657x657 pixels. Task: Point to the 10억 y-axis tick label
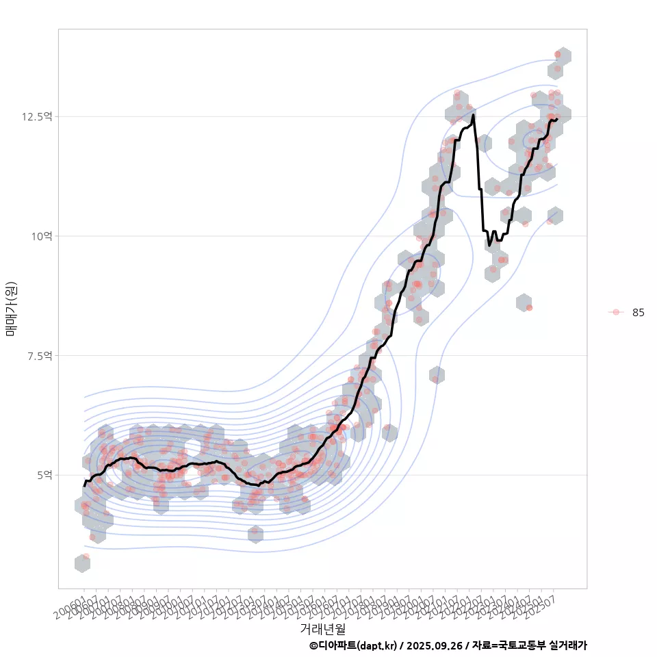tap(40, 236)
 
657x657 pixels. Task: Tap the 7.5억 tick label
tap(39, 356)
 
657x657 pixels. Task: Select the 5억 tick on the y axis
tap(43, 475)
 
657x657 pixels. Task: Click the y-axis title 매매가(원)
tap(11, 309)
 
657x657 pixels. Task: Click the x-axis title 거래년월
tap(322, 628)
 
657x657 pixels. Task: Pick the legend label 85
tap(638, 313)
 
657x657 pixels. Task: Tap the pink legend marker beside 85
tap(616, 312)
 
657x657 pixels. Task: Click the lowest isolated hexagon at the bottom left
tap(83, 563)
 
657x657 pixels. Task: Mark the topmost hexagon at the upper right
tap(563, 56)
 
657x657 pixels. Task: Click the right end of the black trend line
tap(557, 119)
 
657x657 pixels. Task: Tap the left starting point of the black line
tap(84, 485)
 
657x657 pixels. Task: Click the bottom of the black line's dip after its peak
tap(489, 244)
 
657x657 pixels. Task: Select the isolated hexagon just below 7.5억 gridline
tap(437, 375)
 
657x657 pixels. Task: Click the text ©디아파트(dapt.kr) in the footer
tap(352, 645)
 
